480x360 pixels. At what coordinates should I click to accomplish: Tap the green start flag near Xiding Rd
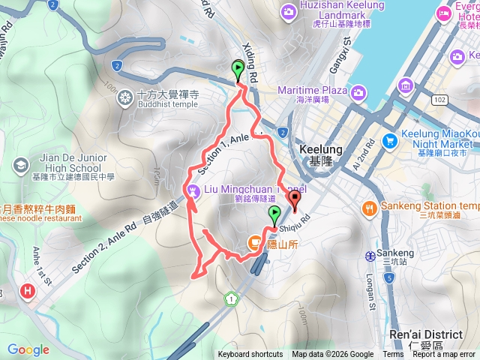[x=238, y=72]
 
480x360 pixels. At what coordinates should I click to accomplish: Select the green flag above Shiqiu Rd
[x=274, y=215]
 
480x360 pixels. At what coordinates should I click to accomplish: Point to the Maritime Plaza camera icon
[x=358, y=91]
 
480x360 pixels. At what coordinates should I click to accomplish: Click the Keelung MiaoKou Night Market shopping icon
[x=389, y=140]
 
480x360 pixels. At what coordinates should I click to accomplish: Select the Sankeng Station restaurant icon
[x=369, y=207]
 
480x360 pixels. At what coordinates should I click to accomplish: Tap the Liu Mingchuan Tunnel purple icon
[x=194, y=191]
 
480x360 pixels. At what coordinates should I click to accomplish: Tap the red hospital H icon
[x=28, y=290]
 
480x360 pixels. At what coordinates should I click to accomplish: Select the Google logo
[x=28, y=349]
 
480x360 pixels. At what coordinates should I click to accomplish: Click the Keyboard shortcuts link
[x=250, y=355]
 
